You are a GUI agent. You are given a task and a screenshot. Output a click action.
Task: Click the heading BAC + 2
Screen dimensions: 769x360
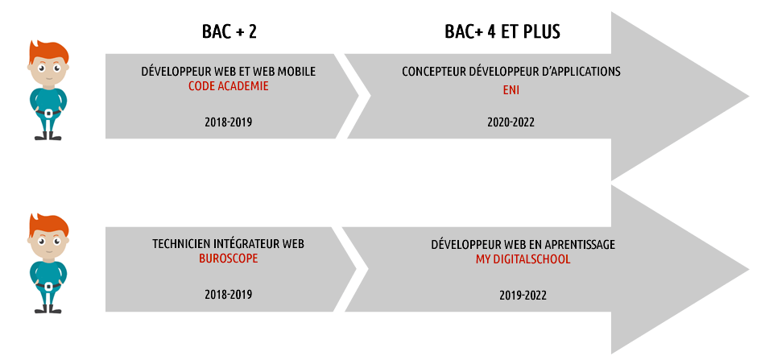tap(229, 32)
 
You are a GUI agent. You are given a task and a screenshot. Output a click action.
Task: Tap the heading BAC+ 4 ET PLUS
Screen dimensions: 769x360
tap(502, 32)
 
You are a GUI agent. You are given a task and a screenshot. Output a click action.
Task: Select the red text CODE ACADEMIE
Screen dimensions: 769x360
tap(229, 86)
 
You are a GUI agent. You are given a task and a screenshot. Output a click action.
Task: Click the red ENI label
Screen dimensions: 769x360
tap(511, 91)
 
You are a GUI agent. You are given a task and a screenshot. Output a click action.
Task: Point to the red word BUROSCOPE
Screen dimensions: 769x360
tap(228, 259)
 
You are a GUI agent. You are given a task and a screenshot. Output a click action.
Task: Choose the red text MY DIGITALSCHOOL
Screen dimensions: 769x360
tap(523, 259)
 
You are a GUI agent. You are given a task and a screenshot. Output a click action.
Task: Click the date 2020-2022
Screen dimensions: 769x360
tap(511, 122)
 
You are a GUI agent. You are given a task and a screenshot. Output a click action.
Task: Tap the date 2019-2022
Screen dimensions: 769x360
tap(523, 296)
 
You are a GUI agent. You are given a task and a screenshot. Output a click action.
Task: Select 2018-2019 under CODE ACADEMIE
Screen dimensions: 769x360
tap(229, 122)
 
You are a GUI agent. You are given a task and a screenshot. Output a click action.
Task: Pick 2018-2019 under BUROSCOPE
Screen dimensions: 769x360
tap(229, 295)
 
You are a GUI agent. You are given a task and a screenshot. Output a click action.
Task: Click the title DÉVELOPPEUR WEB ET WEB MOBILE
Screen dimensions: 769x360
tap(229, 72)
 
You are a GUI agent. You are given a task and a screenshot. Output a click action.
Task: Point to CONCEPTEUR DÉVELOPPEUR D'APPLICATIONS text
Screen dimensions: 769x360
tap(511, 72)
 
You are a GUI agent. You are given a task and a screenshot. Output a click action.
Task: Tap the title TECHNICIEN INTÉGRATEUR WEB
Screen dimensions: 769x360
tap(228, 244)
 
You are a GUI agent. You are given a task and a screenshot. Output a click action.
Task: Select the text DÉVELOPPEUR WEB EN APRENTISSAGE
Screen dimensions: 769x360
tap(523, 244)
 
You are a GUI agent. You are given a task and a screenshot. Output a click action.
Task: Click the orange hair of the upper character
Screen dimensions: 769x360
tap(48, 51)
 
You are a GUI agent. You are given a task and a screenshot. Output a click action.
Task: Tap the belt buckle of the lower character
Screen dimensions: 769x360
tap(48, 287)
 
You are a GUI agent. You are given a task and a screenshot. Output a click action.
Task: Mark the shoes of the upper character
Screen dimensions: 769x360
tap(48, 136)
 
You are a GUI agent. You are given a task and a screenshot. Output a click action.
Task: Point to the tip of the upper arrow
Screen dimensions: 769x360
tap(749, 97)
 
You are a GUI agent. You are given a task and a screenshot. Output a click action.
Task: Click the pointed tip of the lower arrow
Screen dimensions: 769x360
tap(749, 269)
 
